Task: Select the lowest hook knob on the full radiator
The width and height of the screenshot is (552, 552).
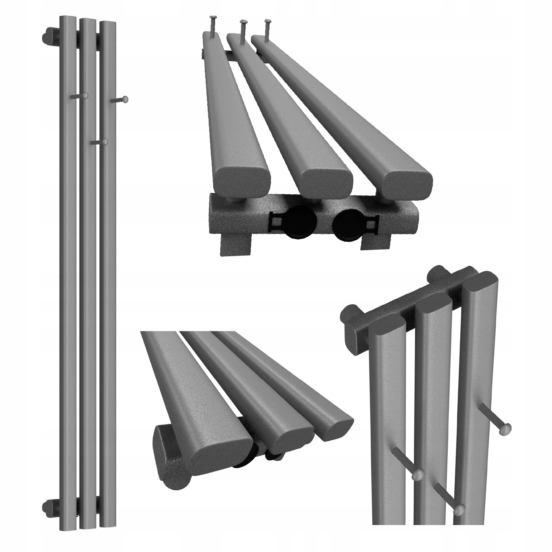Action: (x=105, y=142)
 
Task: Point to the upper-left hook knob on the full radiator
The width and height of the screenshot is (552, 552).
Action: (x=85, y=96)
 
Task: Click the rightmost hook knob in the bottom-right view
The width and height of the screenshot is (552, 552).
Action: (x=505, y=437)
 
